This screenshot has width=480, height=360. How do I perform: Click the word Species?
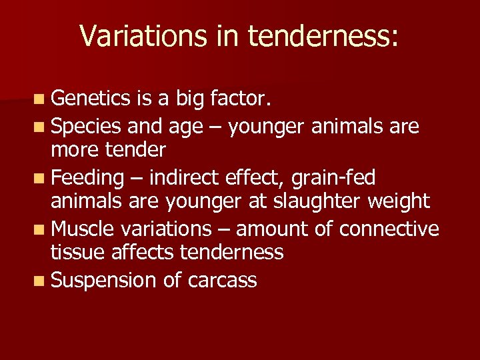pyautogui.click(x=85, y=125)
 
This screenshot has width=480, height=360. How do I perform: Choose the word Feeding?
pyautogui.click(x=87, y=177)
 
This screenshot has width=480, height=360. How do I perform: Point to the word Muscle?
pyautogui.click(x=82, y=229)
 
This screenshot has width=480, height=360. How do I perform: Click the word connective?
pyautogui.click(x=389, y=229)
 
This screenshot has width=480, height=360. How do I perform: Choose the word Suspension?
pyautogui.click(x=103, y=280)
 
